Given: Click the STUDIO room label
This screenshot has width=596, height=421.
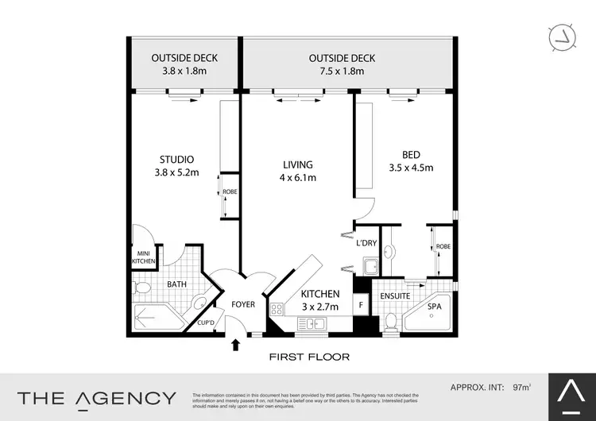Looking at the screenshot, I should point(176,159).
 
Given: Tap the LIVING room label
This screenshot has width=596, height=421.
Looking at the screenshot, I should point(298,164).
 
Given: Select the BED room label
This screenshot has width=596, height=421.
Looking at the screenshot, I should point(411,154).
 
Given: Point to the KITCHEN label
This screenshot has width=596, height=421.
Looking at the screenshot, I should point(320,294).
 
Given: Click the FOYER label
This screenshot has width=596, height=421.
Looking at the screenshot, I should point(242,304).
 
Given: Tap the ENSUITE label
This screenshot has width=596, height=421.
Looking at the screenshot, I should point(394,295).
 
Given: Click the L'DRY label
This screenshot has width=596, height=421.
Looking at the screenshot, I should point(366,243).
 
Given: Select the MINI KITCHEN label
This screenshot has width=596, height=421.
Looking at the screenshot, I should point(144,257).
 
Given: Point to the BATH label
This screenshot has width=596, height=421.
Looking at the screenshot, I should point(176,283).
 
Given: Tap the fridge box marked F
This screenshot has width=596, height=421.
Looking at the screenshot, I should point(361,303).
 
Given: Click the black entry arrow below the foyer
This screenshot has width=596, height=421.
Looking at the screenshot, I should point(235,346).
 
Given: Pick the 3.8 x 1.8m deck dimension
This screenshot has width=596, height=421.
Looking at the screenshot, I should point(184,71).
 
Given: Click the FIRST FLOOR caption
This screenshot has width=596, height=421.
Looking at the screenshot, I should point(310,357).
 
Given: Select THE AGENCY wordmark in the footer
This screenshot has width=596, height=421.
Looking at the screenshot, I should point(97,398).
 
